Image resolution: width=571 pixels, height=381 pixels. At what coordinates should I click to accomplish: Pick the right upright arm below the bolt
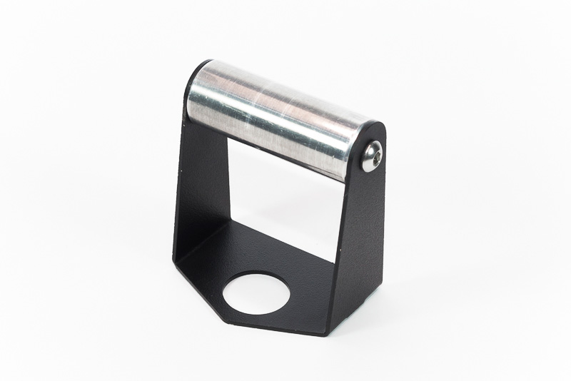pos(360,235)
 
